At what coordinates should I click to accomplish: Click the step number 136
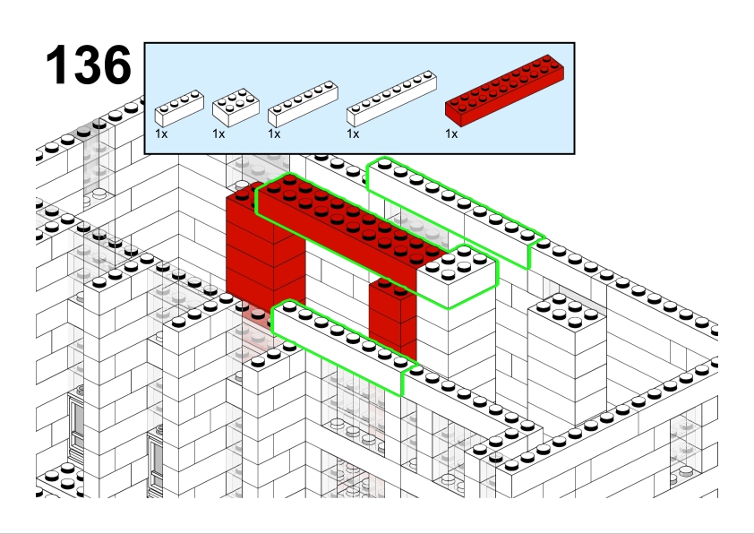click(x=89, y=65)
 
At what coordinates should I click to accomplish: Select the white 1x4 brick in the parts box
click(x=179, y=108)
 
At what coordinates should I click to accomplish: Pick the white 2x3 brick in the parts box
click(x=236, y=107)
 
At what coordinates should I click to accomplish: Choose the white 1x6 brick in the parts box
click(x=303, y=104)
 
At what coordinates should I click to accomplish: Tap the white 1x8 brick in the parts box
click(x=391, y=99)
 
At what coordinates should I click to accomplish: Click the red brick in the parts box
click(x=504, y=90)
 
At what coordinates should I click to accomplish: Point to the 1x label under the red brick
click(x=451, y=133)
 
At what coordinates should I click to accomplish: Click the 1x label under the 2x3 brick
click(x=218, y=133)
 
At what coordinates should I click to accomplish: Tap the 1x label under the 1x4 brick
click(x=161, y=133)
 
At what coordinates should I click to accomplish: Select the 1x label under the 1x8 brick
click(x=353, y=133)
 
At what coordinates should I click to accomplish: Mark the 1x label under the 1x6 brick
click(x=274, y=133)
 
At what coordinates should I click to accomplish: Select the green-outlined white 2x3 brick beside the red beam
click(x=457, y=277)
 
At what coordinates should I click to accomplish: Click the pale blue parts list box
click(x=360, y=99)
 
